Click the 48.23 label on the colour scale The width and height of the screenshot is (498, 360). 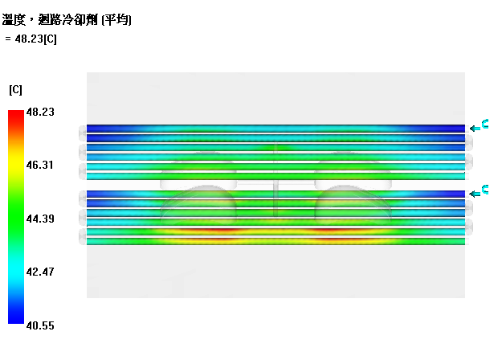tap(40, 112)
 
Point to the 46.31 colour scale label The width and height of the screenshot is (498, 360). tap(39, 165)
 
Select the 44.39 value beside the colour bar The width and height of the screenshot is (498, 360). tap(40, 219)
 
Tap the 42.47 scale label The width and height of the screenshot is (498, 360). tap(40, 272)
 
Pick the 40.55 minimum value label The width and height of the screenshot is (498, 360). tap(40, 325)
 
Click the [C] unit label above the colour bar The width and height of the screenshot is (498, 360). tap(15, 90)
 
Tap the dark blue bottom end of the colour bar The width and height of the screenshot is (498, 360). tap(16, 319)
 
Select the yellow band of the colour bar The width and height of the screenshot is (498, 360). tap(16, 162)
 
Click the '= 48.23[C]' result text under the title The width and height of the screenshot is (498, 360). tap(31, 39)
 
